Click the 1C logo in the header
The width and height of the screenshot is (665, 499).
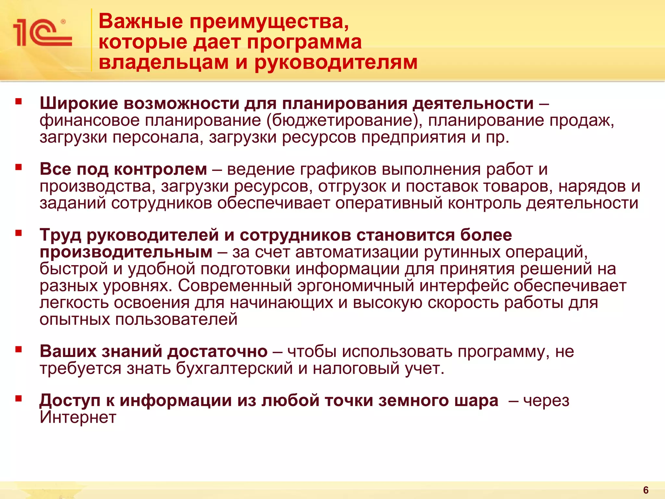coord(42,32)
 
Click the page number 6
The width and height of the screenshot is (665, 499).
coord(646,490)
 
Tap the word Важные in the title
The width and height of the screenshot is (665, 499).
coord(141,22)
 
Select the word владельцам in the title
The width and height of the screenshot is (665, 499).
coord(164,62)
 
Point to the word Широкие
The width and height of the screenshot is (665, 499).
coord(79,104)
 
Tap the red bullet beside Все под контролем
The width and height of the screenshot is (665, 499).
coord(19,167)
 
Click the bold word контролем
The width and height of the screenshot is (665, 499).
coord(160,169)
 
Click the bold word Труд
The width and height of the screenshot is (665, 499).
coord(60,235)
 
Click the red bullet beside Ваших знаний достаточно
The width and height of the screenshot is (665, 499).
coord(19,349)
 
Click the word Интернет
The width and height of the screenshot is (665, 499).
coord(78,417)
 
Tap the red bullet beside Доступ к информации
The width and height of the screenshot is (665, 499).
coord(19,398)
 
